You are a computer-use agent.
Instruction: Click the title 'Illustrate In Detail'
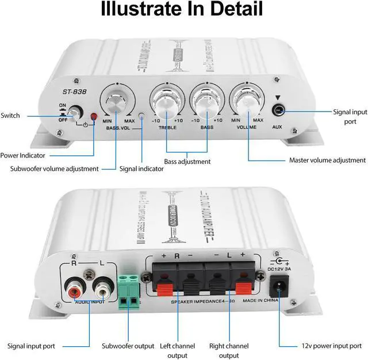(x=182, y=10)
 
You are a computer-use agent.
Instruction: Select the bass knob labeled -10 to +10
(x=206, y=103)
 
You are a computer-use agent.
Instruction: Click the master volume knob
(x=247, y=103)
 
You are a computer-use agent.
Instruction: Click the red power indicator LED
(x=94, y=118)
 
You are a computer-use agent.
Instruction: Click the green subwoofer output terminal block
(x=129, y=290)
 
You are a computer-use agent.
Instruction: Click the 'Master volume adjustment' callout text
(x=327, y=160)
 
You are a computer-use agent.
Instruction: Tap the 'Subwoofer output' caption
(x=128, y=346)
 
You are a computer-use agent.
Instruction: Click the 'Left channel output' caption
(x=177, y=350)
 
